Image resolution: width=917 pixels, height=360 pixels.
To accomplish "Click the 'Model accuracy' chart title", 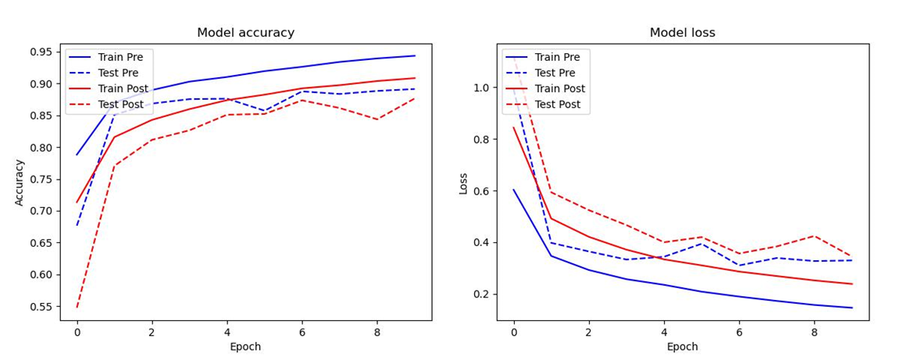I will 245,33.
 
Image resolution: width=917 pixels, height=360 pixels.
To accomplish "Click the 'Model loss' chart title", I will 682,33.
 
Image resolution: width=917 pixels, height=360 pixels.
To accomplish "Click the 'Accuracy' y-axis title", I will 20,182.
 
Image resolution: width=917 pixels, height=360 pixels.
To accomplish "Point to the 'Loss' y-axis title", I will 463,182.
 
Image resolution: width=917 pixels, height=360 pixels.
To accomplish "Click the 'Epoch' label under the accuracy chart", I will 245,347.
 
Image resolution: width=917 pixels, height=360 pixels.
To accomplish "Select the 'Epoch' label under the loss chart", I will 682,347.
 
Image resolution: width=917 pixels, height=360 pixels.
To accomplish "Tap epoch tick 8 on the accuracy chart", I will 377,331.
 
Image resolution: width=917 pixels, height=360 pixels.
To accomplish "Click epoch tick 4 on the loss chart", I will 664,331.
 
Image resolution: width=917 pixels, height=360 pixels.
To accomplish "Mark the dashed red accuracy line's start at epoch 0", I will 77,307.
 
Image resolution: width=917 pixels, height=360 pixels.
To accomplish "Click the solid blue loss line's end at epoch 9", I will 851,308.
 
